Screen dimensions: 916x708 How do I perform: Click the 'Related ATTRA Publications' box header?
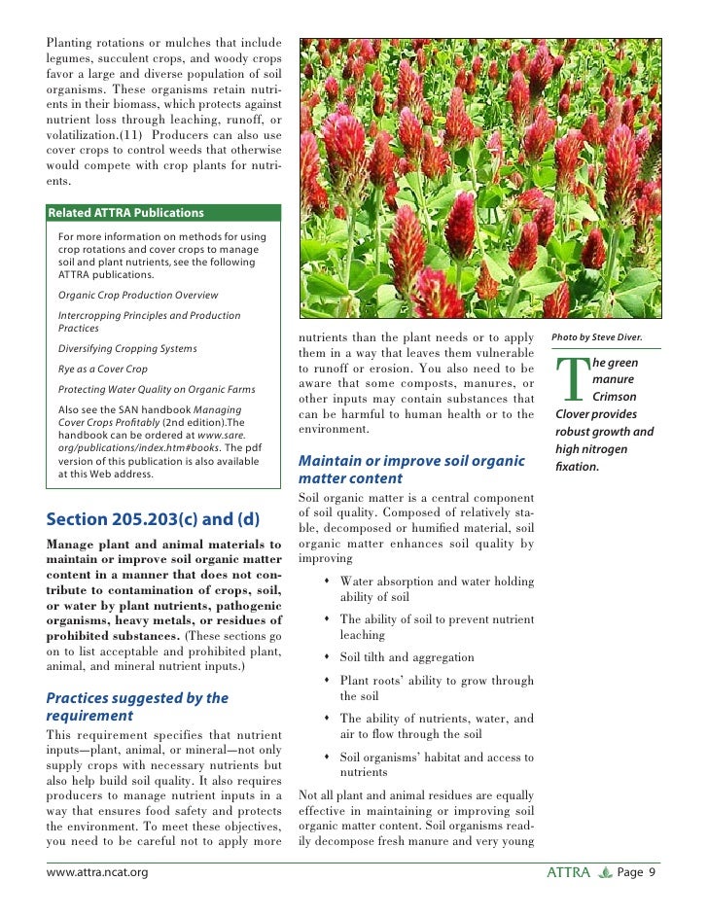126,213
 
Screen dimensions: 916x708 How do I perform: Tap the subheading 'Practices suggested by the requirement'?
137,707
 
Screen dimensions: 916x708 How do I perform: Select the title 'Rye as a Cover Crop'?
103,370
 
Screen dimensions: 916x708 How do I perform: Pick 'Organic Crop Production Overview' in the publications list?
138,295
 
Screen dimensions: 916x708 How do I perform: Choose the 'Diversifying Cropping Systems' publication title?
127,348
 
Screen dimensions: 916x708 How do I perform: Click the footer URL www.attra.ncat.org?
97,873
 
